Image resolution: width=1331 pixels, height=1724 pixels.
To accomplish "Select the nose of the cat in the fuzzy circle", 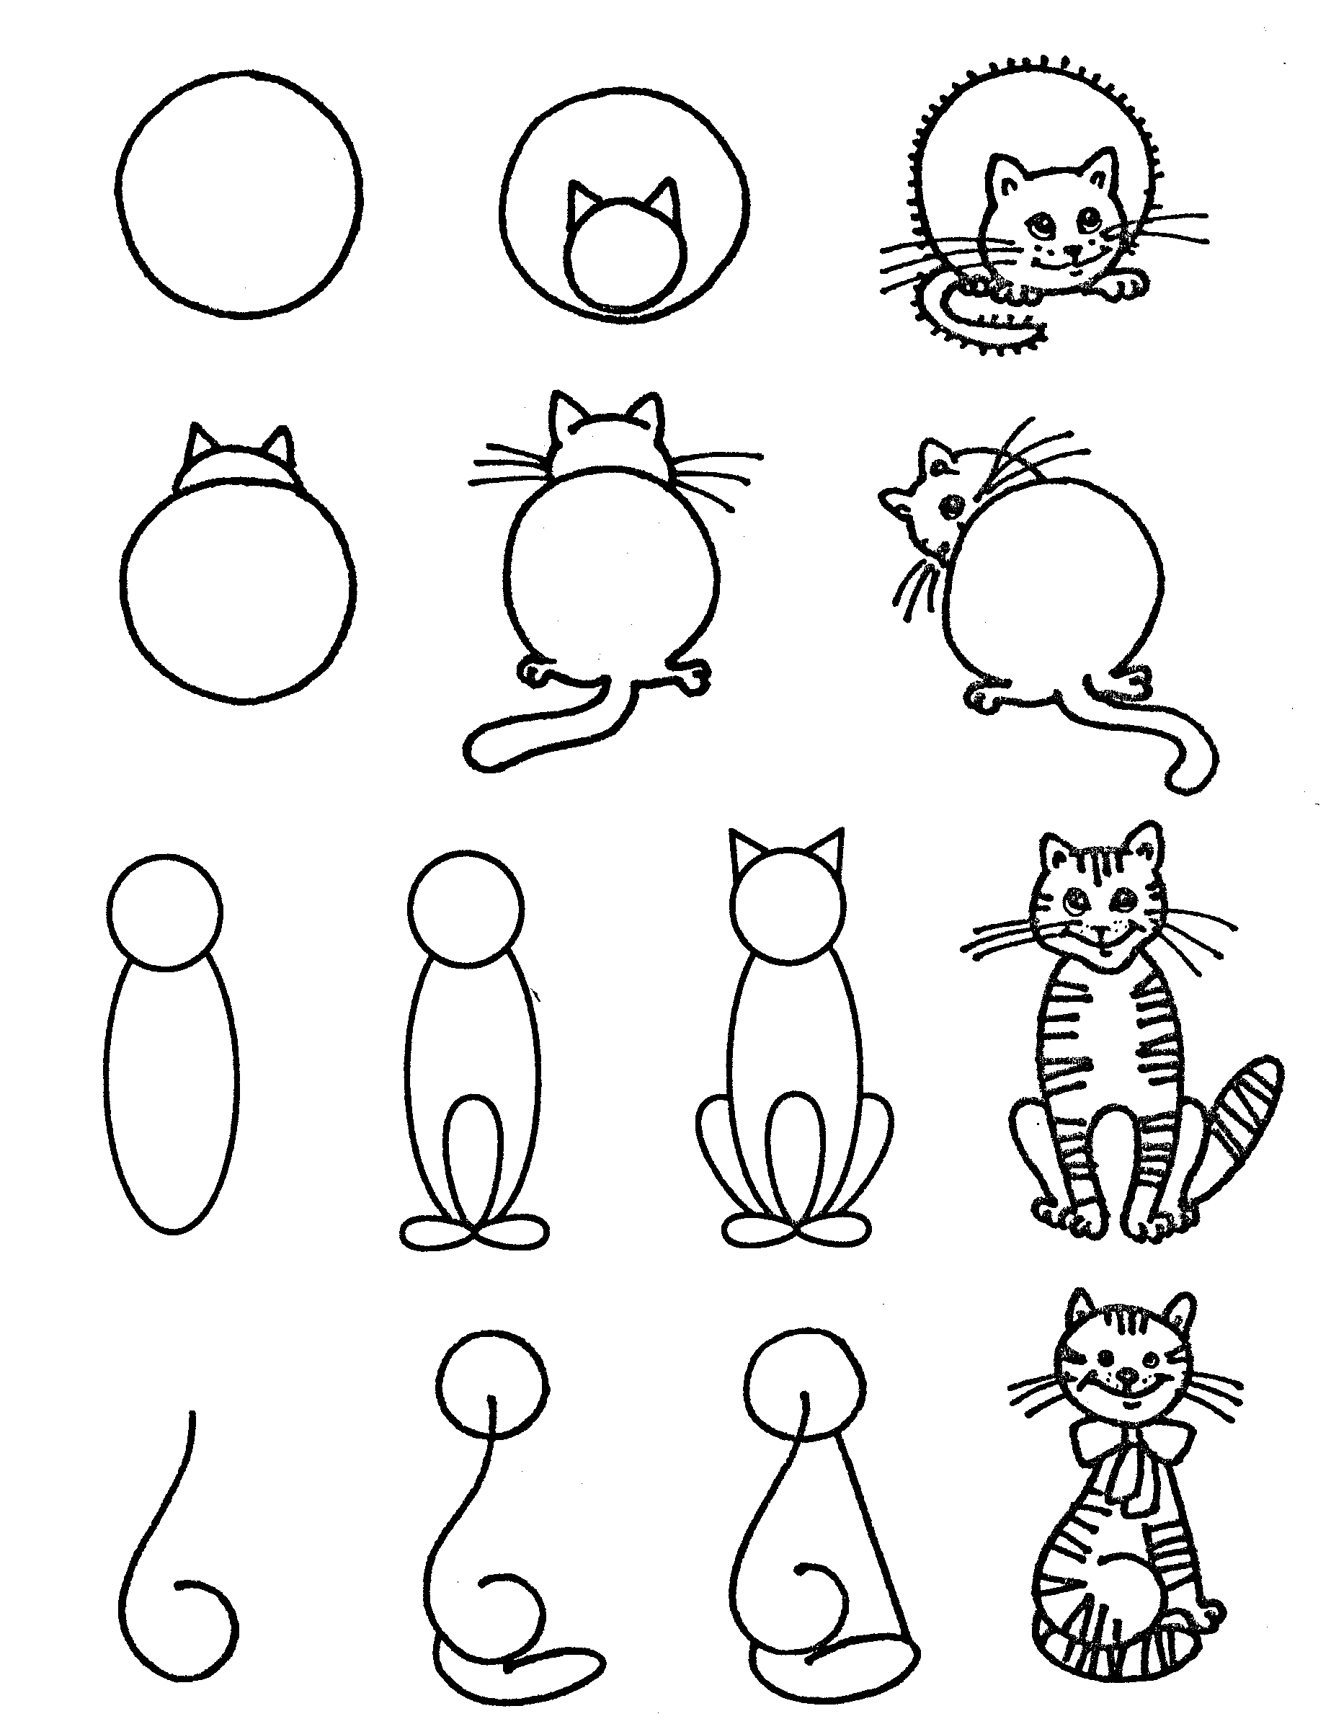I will point(1072,250).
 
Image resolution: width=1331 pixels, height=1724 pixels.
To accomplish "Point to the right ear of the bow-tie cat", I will point(1179,1312).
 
